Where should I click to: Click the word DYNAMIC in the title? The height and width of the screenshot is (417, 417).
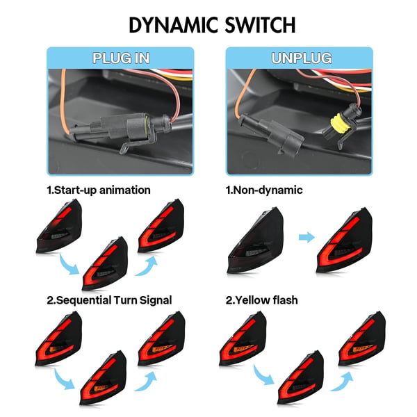point(173,25)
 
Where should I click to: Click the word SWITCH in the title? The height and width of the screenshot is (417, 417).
point(260,25)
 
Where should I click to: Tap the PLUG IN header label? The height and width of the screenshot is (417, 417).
point(121,58)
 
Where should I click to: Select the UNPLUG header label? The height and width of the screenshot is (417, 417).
point(302,58)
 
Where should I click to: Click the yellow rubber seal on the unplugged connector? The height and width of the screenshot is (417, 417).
point(338,123)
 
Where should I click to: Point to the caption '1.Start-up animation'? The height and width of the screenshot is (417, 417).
point(99,190)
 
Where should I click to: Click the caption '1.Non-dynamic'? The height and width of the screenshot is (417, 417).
point(264,190)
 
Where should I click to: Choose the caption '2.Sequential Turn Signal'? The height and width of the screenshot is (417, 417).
point(109,300)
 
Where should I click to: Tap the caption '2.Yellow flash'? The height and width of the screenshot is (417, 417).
point(262,300)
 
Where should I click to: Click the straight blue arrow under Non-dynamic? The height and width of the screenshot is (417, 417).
point(306,237)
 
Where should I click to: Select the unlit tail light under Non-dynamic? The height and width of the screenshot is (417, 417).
point(256,240)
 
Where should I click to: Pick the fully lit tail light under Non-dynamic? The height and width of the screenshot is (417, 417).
point(345,240)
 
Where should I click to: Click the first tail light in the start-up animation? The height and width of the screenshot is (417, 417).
point(59,226)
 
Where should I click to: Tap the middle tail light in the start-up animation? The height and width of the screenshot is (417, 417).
point(106,263)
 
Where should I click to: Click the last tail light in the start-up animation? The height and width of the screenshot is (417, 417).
point(161,225)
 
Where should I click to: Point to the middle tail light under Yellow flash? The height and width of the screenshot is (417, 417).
point(301,377)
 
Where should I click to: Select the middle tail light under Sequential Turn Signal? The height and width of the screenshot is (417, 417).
point(104,377)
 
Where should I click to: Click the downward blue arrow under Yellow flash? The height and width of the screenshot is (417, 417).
point(263,375)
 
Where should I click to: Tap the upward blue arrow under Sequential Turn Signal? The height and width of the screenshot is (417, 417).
point(146,381)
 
